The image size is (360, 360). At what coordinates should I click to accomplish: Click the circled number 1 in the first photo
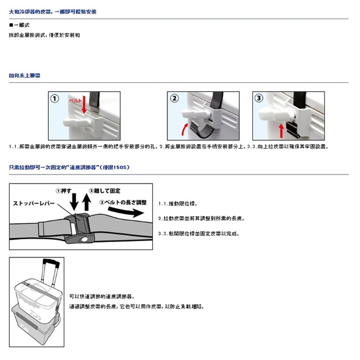pos(54,98)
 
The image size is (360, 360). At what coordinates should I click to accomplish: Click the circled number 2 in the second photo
pos(174,98)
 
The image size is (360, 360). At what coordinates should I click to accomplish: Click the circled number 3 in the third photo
pos(259,98)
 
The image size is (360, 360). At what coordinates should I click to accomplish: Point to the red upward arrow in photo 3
pos(281,130)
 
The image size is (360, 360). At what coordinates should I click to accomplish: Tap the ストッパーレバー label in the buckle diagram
pos(34,203)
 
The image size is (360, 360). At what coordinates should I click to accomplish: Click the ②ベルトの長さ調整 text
pos(123,202)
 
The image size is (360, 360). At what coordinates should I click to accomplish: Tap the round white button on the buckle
pos(85,239)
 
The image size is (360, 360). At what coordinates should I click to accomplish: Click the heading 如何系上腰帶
pos(24,76)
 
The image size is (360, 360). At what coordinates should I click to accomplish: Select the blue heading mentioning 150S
pos(69,168)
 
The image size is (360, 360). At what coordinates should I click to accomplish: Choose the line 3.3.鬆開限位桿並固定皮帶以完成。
pos(199,234)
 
